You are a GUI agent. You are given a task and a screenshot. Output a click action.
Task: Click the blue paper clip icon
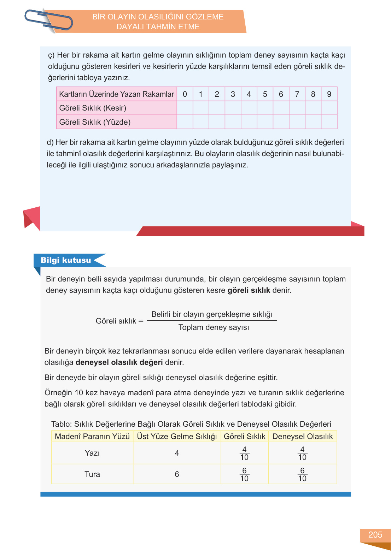[48, 20]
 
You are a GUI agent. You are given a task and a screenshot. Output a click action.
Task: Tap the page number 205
[375, 535]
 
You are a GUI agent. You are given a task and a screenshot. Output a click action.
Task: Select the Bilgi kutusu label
[66, 260]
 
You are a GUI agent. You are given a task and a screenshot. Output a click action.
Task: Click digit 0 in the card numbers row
[185, 94]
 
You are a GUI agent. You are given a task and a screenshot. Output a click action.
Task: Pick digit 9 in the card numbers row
[329, 94]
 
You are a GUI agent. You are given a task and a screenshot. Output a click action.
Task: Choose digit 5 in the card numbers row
[265, 94]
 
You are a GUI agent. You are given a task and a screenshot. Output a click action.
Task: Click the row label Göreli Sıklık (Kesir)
[93, 108]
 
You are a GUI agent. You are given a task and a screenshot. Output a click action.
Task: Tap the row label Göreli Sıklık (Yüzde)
[95, 122]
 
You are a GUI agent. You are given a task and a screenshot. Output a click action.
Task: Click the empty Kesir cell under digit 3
[233, 108]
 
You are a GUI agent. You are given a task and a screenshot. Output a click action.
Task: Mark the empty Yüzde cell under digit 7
[297, 122]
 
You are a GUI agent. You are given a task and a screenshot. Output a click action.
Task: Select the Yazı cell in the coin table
[92, 453]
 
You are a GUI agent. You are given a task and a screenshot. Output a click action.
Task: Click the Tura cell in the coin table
[92, 474]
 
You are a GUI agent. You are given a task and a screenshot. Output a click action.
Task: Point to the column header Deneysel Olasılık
[303, 437]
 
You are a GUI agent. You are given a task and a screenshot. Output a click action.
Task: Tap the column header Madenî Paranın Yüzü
[92, 437]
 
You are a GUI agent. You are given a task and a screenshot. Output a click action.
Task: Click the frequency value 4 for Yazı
[177, 453]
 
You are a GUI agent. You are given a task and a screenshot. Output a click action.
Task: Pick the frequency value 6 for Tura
[177, 474]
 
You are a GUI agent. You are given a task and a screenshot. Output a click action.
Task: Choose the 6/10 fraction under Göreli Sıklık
[244, 474]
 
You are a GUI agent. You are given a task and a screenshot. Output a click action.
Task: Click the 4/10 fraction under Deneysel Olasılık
[302, 453]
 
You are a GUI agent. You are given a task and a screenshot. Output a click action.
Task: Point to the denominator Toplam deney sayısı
[214, 327]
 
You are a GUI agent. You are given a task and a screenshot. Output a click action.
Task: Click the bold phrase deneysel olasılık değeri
[119, 362]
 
